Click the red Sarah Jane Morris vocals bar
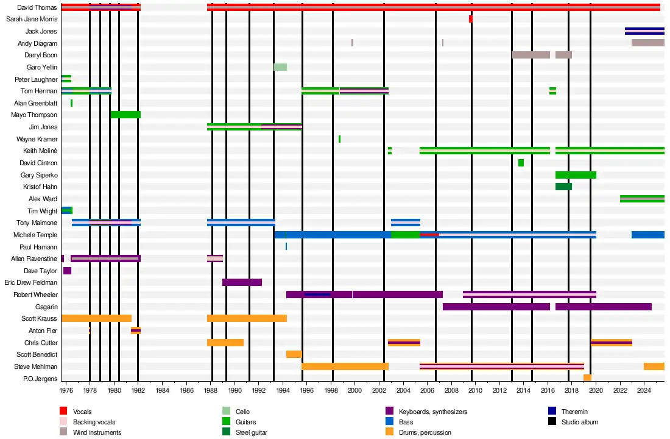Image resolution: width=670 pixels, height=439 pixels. [x=470, y=19]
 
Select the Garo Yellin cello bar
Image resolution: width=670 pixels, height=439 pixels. [x=280, y=67]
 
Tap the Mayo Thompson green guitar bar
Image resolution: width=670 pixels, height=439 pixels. [x=125, y=115]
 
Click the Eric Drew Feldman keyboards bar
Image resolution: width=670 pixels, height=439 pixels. [x=242, y=282]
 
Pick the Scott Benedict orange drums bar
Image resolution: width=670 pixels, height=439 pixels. [x=294, y=354]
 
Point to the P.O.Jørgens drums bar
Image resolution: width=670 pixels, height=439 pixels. [x=587, y=378]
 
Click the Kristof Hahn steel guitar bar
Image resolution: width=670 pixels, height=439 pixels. [x=563, y=187]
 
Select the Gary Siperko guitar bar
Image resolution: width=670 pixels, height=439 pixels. [x=576, y=175]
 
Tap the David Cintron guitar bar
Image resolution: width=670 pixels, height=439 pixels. [x=521, y=163]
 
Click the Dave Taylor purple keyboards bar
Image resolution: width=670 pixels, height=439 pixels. [x=67, y=271]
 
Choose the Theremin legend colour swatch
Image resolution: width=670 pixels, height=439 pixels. [x=551, y=412]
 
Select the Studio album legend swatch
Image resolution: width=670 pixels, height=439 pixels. [x=551, y=422]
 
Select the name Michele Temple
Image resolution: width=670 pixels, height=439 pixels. [x=35, y=235]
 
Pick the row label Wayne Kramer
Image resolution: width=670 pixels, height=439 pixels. [x=37, y=139]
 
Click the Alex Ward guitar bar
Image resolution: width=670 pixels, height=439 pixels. [x=642, y=199]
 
